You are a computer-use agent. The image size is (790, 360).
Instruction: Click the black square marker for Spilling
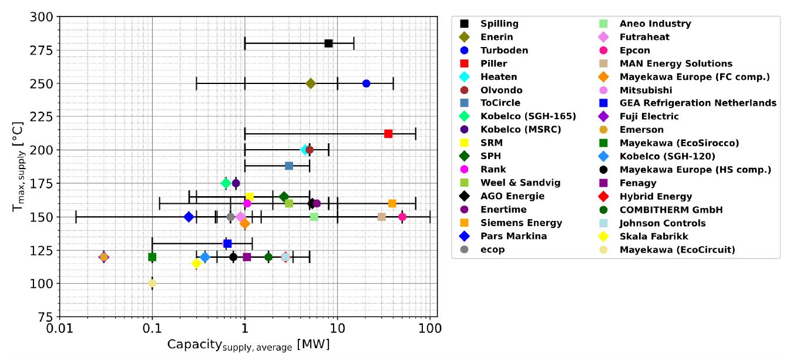(x=328, y=43)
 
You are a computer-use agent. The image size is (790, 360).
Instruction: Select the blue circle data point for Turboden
(x=367, y=83)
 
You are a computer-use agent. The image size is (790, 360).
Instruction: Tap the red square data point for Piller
(x=388, y=134)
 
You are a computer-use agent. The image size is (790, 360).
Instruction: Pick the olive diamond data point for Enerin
(x=311, y=83)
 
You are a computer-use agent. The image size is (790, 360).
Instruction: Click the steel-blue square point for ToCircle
(x=289, y=166)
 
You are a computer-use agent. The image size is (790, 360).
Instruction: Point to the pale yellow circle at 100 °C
(x=152, y=283)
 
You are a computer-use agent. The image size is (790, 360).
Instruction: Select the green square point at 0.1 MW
(x=152, y=257)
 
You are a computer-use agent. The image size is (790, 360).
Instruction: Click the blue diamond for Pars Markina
(x=189, y=217)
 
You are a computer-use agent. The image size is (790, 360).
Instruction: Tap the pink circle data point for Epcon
(x=402, y=217)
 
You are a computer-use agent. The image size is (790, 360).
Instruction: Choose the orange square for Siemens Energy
(x=392, y=203)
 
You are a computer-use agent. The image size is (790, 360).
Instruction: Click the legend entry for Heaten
(x=499, y=77)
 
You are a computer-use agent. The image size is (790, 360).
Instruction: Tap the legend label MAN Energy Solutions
(x=675, y=63)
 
